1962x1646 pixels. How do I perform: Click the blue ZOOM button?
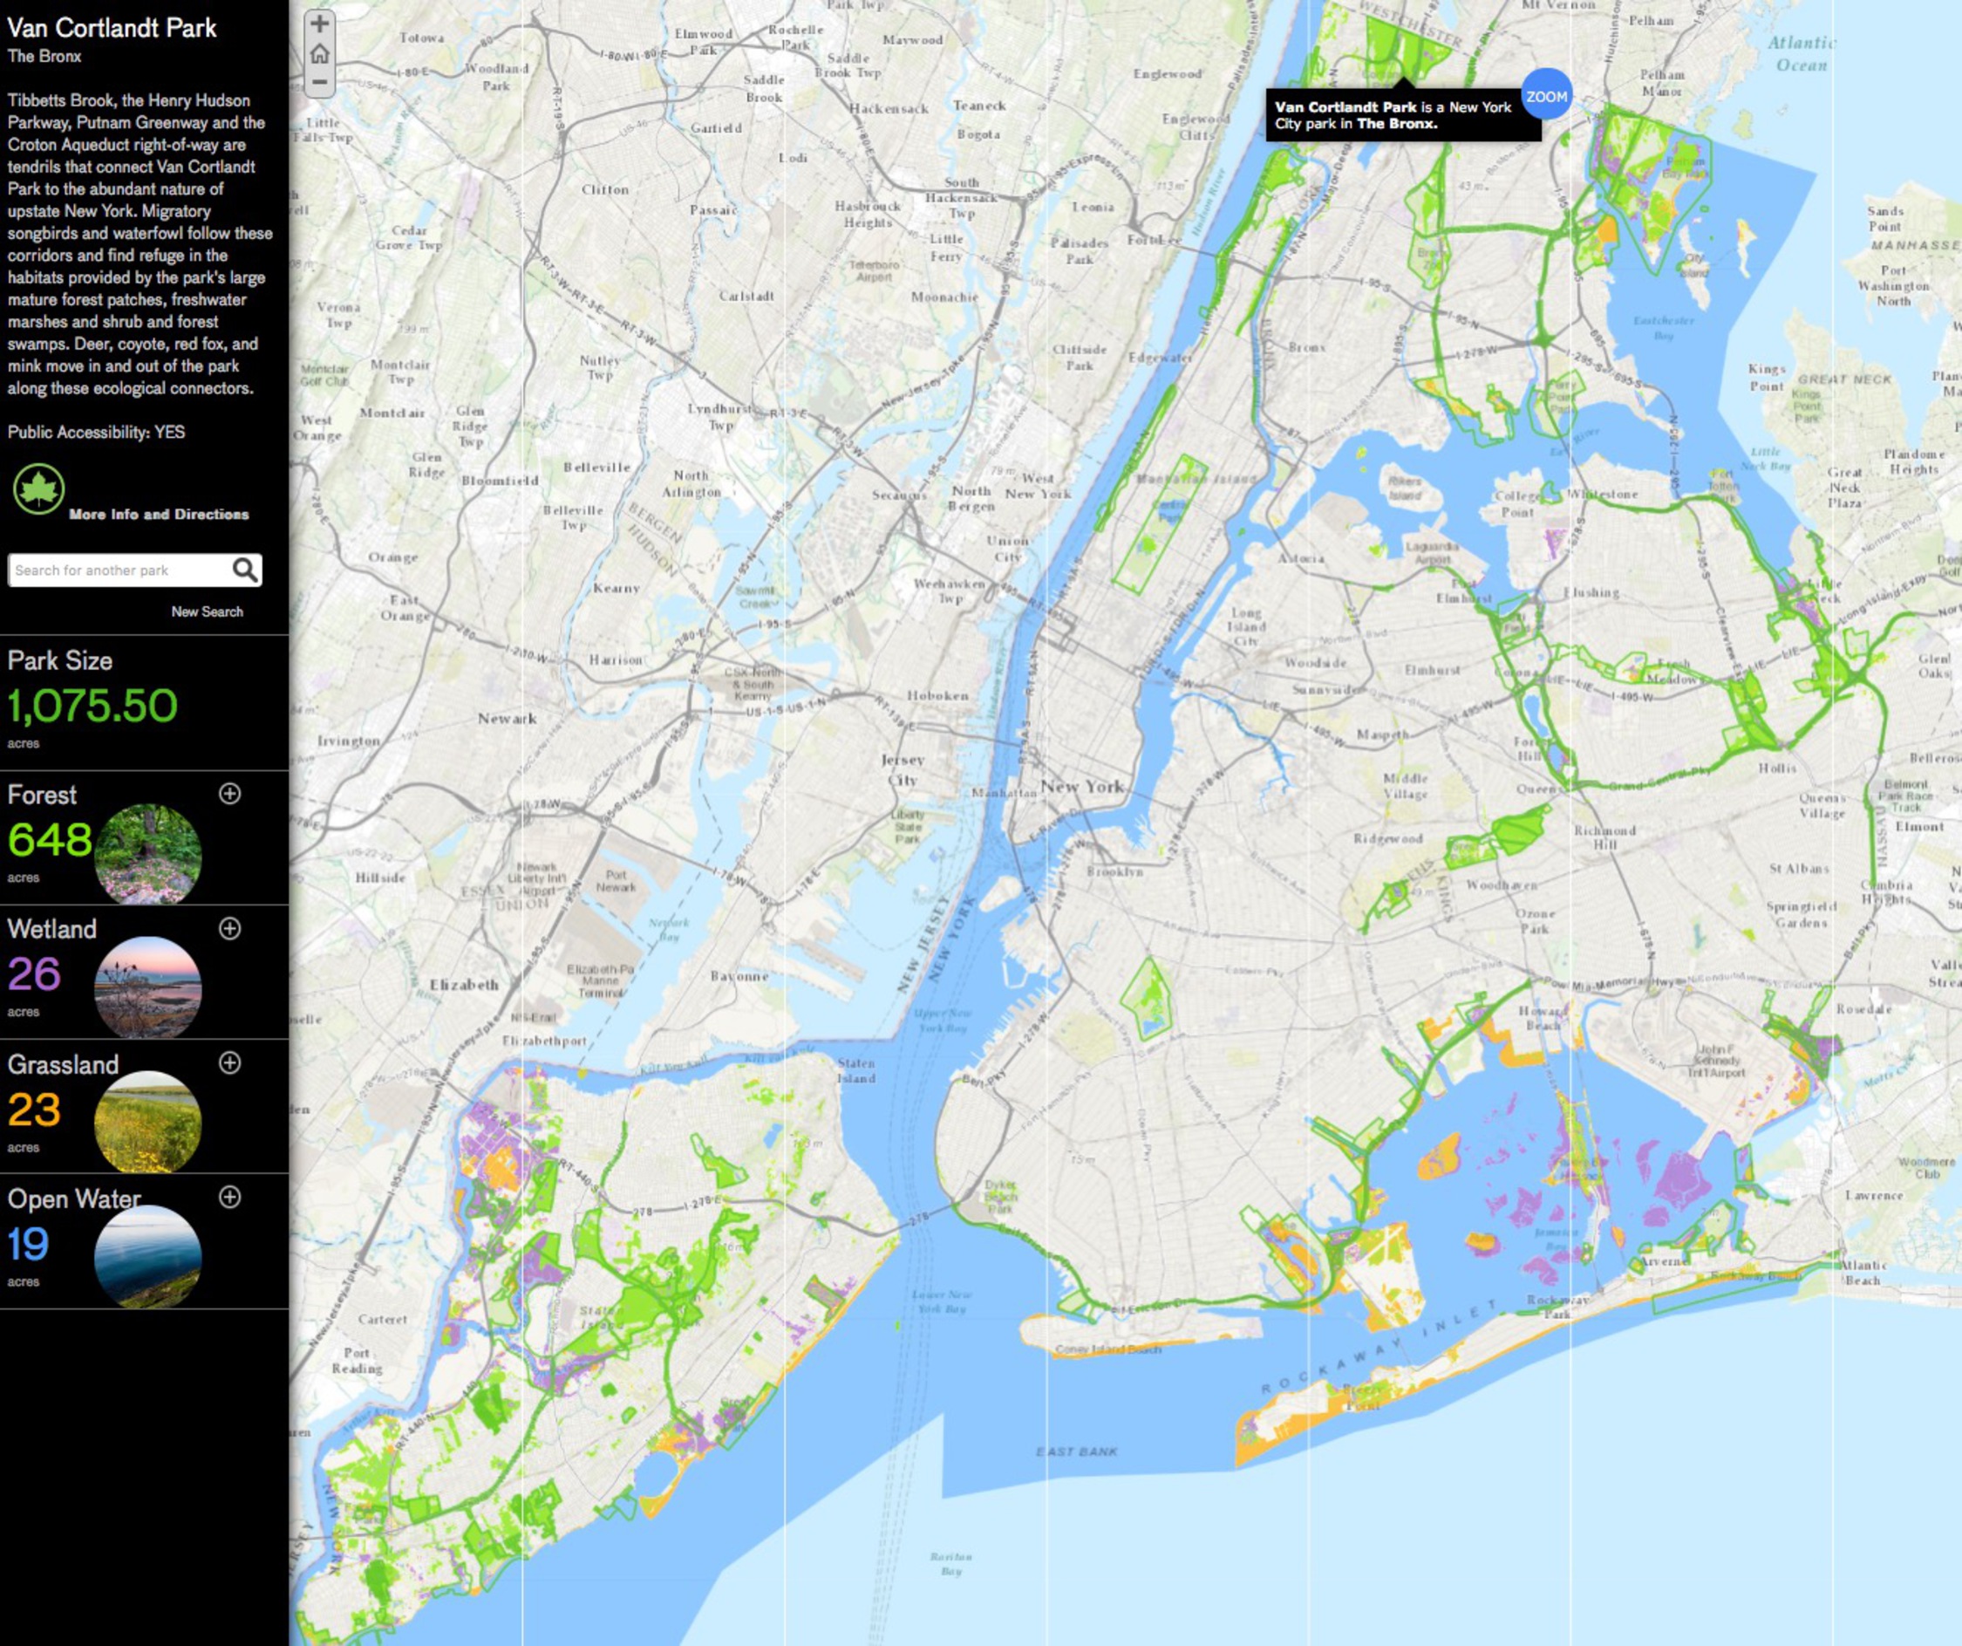coord(1546,96)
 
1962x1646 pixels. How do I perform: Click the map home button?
coord(319,53)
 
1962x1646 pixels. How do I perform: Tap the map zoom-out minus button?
coord(319,82)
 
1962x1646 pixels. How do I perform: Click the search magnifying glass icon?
coord(245,570)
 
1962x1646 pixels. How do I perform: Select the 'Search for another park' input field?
coord(119,570)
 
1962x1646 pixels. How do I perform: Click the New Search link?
coord(207,611)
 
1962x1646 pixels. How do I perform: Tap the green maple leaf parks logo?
coord(38,488)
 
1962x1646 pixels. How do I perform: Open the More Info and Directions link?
coord(159,514)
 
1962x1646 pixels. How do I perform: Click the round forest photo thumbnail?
coord(147,853)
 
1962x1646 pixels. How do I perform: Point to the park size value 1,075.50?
coord(92,706)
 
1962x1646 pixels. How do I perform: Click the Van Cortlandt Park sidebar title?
coord(112,28)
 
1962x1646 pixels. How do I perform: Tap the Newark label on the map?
coord(508,718)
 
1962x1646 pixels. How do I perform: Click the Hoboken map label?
coord(937,695)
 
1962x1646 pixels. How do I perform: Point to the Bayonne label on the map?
coord(739,976)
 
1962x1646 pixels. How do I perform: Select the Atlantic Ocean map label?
coord(1802,53)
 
